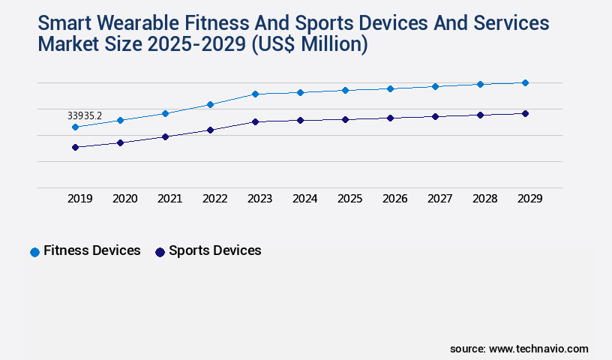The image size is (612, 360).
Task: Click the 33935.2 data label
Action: pos(84,115)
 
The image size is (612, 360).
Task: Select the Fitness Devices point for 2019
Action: pos(75,127)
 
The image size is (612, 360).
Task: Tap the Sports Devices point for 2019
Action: pos(75,147)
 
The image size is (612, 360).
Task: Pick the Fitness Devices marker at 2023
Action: pos(255,94)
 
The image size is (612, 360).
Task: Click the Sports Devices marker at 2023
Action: pos(255,121)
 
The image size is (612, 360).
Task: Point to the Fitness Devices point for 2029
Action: pos(525,82)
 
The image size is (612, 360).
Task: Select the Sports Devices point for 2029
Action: pos(525,113)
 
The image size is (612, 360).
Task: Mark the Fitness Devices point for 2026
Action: pos(390,88)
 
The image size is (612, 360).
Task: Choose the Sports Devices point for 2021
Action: pos(165,136)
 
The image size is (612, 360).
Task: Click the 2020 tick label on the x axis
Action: pos(124,199)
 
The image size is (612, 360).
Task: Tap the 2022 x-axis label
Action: pos(214,199)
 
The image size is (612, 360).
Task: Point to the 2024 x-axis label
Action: pos(304,199)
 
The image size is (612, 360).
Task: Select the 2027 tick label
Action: pos(439,199)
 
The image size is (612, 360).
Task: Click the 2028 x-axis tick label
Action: pos(484,199)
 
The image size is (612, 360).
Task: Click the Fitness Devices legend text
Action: pos(92,250)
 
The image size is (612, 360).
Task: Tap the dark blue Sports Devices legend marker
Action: pos(160,252)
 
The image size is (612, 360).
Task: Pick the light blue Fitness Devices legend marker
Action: pos(34,252)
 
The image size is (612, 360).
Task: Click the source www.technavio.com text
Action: pos(519,349)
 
